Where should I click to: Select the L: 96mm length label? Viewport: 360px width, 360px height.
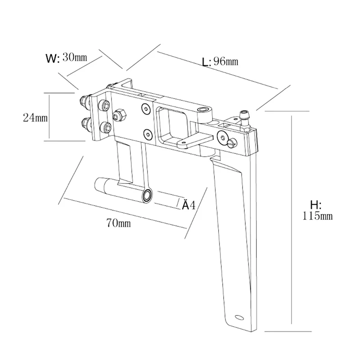tap(220, 62)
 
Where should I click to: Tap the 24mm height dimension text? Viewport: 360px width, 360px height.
tap(35, 117)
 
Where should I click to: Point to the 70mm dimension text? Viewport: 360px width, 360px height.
tap(119, 223)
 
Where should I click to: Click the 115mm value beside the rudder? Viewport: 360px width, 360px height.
tap(318, 216)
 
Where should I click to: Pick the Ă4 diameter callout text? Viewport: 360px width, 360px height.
tap(188, 206)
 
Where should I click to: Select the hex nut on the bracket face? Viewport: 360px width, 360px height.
tap(119, 115)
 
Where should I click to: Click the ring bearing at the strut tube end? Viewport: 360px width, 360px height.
tap(147, 195)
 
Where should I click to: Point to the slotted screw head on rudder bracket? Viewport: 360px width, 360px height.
tap(232, 143)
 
